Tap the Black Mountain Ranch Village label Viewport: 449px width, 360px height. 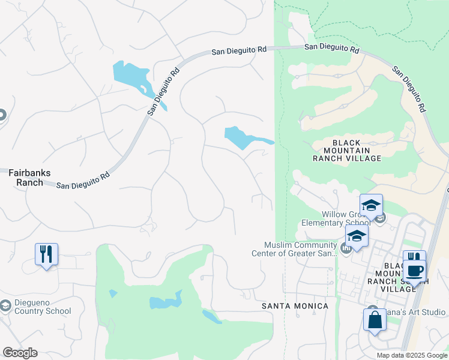pos(347,150)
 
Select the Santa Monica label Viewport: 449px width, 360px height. pos(295,306)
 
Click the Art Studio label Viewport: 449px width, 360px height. pos(420,312)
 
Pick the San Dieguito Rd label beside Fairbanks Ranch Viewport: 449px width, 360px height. pos(83,179)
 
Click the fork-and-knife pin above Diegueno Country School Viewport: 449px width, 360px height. pos(46,254)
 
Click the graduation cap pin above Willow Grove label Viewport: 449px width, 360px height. pos(371,205)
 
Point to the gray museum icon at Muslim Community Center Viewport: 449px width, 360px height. pos(346,248)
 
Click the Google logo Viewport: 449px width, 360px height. pos(20,353)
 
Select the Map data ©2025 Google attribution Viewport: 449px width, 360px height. pos(412,355)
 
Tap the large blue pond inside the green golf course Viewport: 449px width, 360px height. pos(165,301)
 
